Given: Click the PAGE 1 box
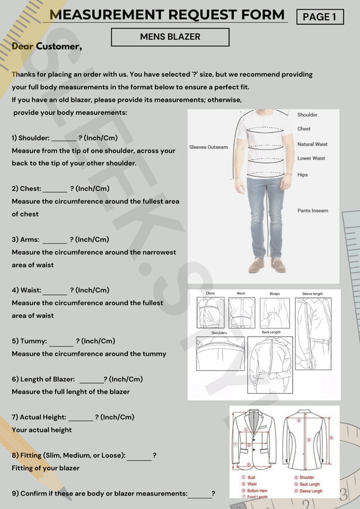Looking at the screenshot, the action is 320,17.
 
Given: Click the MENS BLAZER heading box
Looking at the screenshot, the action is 170,38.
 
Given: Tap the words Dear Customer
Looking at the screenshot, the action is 47,46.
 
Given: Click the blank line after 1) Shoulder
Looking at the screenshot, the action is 63,139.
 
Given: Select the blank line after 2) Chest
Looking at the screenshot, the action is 55,190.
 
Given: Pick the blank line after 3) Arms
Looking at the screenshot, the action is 55,241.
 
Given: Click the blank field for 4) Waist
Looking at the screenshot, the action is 55,291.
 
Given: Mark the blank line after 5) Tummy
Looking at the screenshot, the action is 61,342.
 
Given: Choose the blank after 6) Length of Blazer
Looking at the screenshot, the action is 91,380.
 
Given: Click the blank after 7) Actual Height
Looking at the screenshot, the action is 81,419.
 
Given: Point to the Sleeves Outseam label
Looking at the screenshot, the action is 208,148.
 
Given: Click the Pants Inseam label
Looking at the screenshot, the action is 313,211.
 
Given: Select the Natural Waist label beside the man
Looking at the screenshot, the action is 312,144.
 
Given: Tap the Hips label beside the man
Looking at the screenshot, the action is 303,174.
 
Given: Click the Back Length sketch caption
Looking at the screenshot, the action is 271,332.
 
